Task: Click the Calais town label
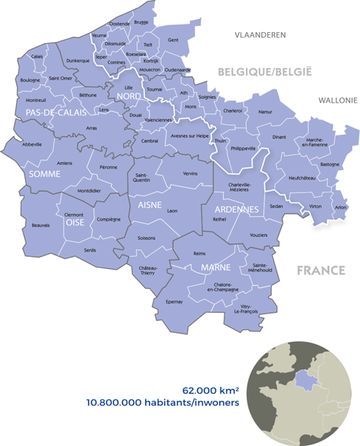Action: coord(38,57)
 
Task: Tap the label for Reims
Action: coord(200,253)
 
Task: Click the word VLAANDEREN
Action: coord(260,35)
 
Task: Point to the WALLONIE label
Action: coord(337,100)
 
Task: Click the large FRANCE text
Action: coord(320,271)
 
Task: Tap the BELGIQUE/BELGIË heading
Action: coord(265,71)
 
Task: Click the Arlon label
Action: coord(341,208)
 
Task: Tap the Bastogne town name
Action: coord(329,164)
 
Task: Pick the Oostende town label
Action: coord(120,24)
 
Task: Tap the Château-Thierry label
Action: coord(149,271)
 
